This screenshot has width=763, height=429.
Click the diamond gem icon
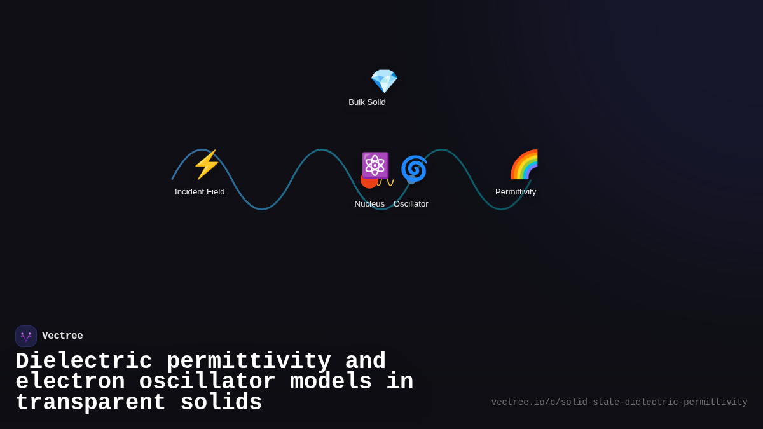[384, 81]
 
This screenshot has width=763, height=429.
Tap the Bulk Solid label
[367, 102]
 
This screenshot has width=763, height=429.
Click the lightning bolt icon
[206, 165]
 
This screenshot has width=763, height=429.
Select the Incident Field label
[200, 192]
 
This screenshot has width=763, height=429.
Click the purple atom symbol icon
[375, 165]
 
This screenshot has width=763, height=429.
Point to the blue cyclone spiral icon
[413, 169]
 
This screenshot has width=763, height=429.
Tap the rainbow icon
[525, 165]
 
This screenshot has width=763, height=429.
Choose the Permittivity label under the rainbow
[516, 192]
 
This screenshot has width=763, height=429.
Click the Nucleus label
[369, 204]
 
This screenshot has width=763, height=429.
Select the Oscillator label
[411, 204]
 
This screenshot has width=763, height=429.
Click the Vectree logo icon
[26, 336]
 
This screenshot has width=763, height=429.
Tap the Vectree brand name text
[62, 336]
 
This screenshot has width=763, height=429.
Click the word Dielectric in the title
[84, 362]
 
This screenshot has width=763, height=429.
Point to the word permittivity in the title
[249, 362]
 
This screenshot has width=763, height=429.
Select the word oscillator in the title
[207, 382]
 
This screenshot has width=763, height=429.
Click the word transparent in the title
[90, 403]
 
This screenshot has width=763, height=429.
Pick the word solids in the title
[221, 403]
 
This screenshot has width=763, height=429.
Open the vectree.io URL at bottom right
[619, 402]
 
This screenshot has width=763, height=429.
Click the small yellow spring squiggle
[386, 182]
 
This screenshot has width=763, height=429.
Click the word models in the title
[331, 382]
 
